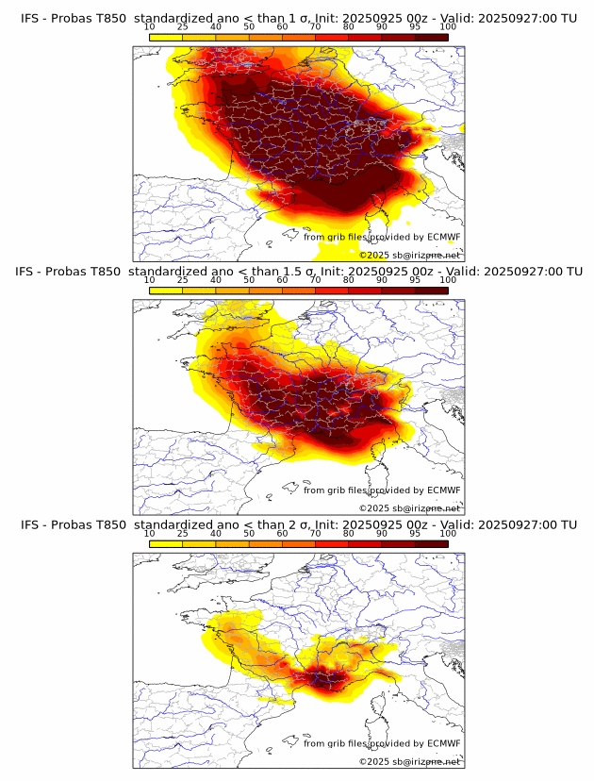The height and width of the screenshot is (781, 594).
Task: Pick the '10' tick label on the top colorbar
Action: (x=149, y=28)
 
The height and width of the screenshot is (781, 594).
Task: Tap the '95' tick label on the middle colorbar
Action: (x=415, y=280)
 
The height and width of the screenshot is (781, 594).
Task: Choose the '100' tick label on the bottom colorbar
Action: (x=448, y=533)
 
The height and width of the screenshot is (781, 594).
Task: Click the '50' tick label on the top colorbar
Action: (x=249, y=28)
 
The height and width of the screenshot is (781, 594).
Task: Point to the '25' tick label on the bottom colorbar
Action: (x=182, y=533)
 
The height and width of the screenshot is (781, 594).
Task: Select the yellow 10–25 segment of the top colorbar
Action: (x=165, y=38)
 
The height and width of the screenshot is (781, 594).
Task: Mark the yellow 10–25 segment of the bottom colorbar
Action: (x=165, y=543)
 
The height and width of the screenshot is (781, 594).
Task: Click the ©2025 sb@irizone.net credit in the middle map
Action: (x=409, y=508)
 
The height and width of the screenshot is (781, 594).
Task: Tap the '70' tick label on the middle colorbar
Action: (x=315, y=280)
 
